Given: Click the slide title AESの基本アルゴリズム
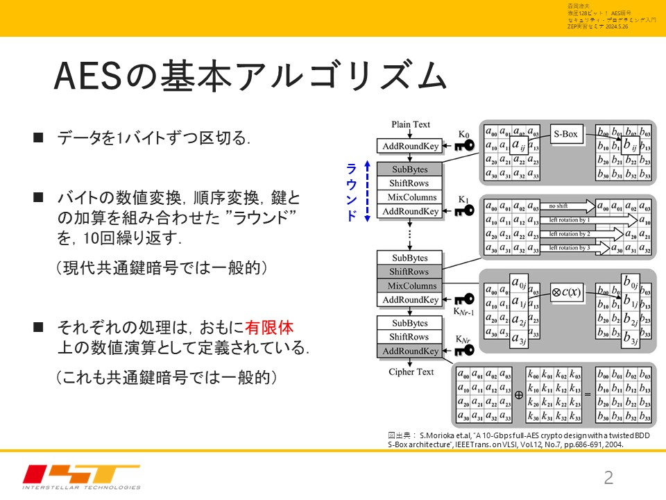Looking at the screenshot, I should [250, 76].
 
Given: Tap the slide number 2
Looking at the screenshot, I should [609, 477].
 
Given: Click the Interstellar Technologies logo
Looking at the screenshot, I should [81, 476].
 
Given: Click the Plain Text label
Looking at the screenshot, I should [410, 124].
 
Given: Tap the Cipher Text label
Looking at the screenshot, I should [411, 372].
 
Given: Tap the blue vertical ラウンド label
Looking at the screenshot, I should [352, 191].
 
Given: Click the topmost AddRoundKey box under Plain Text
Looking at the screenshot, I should [410, 146].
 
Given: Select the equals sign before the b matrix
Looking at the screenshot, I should [587, 394].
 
